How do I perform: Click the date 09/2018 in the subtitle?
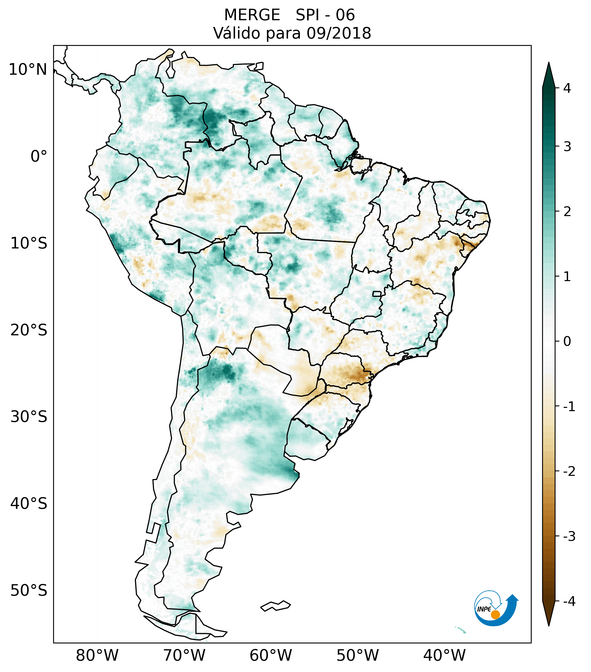point(339,33)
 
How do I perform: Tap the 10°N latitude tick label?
point(28,70)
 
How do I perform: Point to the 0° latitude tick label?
point(39,156)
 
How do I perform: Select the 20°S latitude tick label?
point(29,330)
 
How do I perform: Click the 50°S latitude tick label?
point(29,591)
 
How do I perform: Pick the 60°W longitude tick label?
point(271,655)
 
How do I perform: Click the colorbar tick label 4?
point(567,88)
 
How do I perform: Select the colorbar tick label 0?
point(567,342)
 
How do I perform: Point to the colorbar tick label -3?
point(569,536)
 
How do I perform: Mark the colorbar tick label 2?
point(567,212)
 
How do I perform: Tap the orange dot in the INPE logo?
point(495,615)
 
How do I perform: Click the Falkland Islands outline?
point(275,606)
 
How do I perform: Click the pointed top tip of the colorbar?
point(548,63)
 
